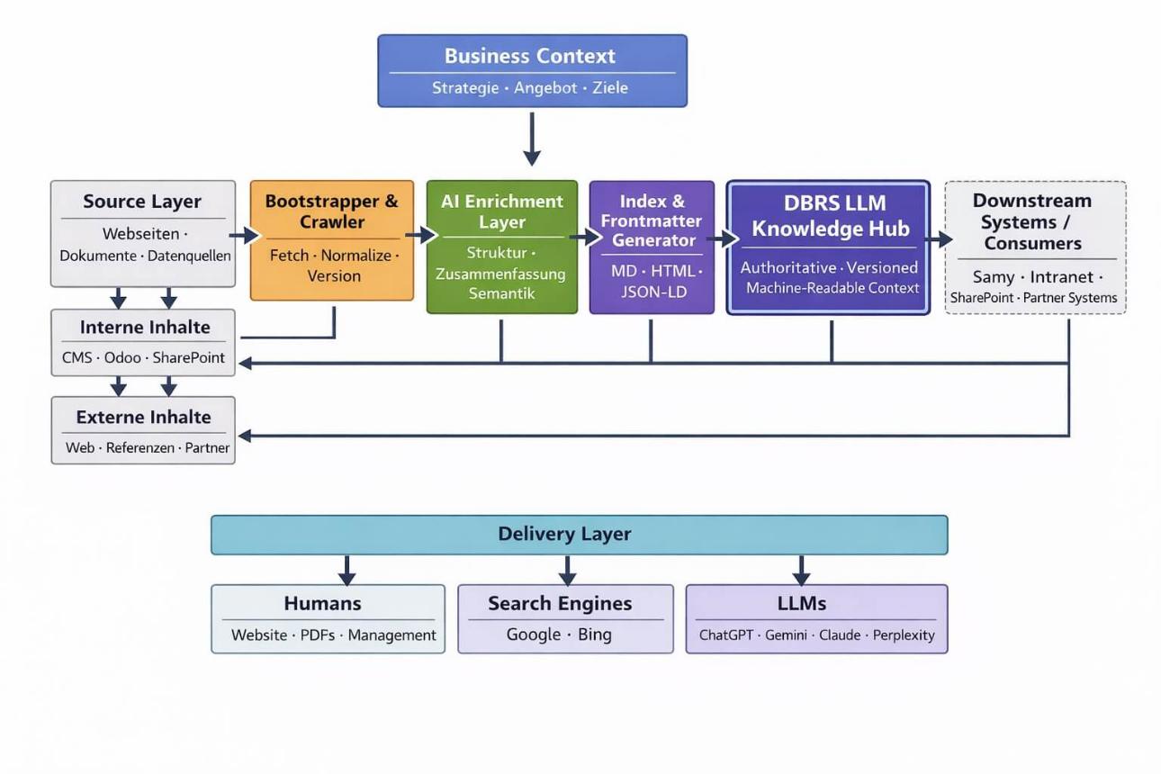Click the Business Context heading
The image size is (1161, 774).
pos(530,56)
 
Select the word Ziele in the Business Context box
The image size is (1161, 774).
pos(609,88)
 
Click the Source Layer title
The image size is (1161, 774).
pos(142,202)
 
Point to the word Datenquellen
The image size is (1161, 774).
pos(189,256)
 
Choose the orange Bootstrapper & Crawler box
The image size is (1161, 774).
pos(331,239)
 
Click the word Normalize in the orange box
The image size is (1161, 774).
pos(355,256)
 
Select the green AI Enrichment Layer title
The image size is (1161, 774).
pos(502,211)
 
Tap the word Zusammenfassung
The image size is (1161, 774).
pos(500,274)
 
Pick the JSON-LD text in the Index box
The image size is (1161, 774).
pos(652,292)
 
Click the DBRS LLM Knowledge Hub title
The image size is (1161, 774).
pos(831,216)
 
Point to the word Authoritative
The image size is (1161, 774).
pos(788,267)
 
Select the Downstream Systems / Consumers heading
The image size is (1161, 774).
pos(1032,221)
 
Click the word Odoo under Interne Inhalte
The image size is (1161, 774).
pos(122,357)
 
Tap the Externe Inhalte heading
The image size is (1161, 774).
pos(143,418)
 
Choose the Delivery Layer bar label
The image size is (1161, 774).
pos(564,534)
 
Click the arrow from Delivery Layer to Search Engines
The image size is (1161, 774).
pos(567,571)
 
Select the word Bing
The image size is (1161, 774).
pos(594,634)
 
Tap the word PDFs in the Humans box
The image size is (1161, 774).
pos(317,635)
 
